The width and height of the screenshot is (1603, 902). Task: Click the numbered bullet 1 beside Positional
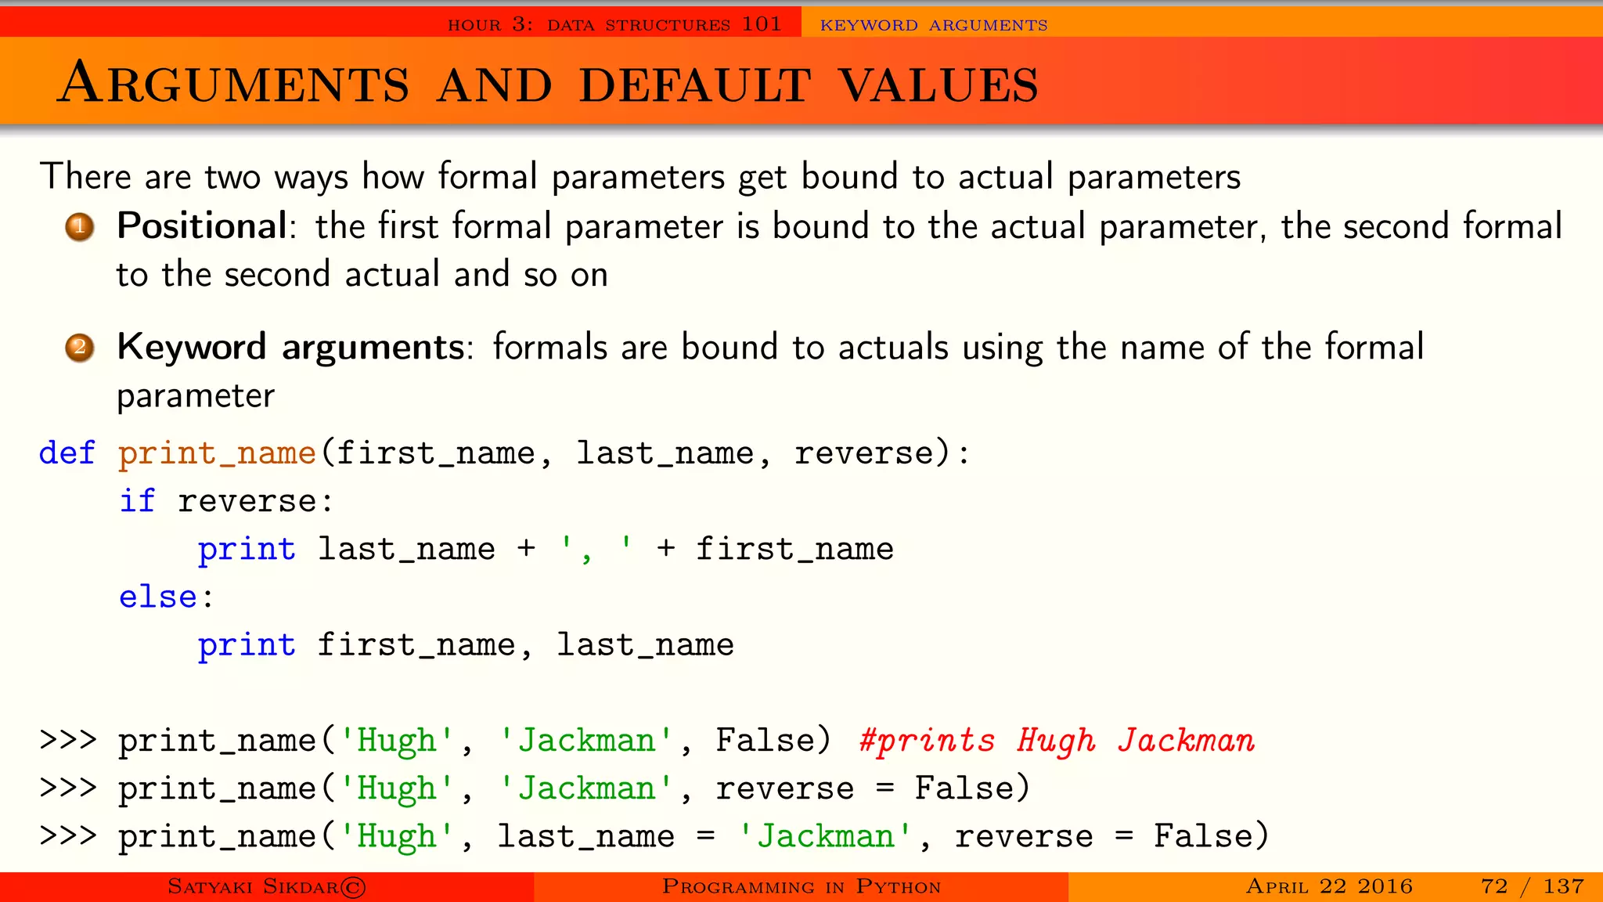(79, 227)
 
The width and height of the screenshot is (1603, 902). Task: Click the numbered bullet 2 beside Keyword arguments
(79, 347)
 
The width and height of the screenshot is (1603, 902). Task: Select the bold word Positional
(202, 226)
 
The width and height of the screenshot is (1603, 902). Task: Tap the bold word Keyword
(192, 347)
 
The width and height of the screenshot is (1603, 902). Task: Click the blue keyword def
(67, 453)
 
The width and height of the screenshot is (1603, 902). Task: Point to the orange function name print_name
(217, 453)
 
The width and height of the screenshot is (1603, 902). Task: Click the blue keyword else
(158, 597)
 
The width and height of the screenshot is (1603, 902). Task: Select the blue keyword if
(137, 501)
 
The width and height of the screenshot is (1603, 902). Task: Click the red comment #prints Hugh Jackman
(1057, 741)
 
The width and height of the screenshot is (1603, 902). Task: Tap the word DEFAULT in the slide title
(695, 85)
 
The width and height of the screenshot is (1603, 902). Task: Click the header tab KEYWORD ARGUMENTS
(934, 25)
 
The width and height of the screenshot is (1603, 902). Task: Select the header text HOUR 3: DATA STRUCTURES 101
(614, 25)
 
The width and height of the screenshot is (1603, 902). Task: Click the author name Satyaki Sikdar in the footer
(253, 886)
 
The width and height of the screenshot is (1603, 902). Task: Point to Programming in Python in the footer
(801, 886)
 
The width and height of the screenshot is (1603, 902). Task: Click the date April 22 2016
(1329, 886)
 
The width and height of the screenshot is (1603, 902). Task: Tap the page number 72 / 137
(1532, 886)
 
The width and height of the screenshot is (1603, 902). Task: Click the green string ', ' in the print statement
(596, 548)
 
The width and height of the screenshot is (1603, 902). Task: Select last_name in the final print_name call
(586, 836)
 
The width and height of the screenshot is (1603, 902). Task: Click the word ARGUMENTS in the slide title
(234, 85)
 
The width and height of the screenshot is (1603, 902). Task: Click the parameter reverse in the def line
(864, 453)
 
